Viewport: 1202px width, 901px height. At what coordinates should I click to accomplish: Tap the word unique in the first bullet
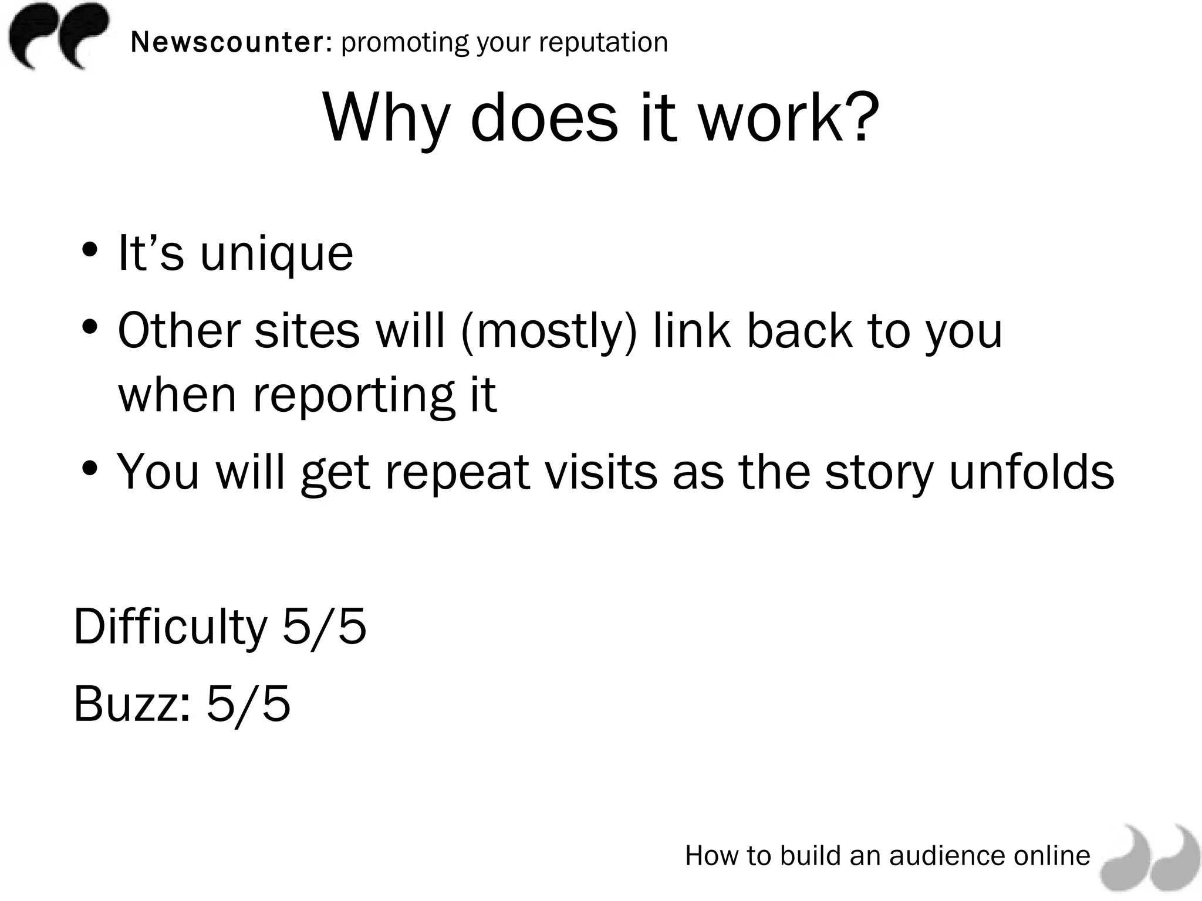[x=276, y=253]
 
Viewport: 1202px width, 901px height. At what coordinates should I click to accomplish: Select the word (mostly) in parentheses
[x=549, y=331]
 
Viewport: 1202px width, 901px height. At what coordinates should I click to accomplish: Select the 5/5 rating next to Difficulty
[x=325, y=626]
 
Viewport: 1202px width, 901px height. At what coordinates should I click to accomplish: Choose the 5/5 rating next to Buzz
[x=248, y=703]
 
